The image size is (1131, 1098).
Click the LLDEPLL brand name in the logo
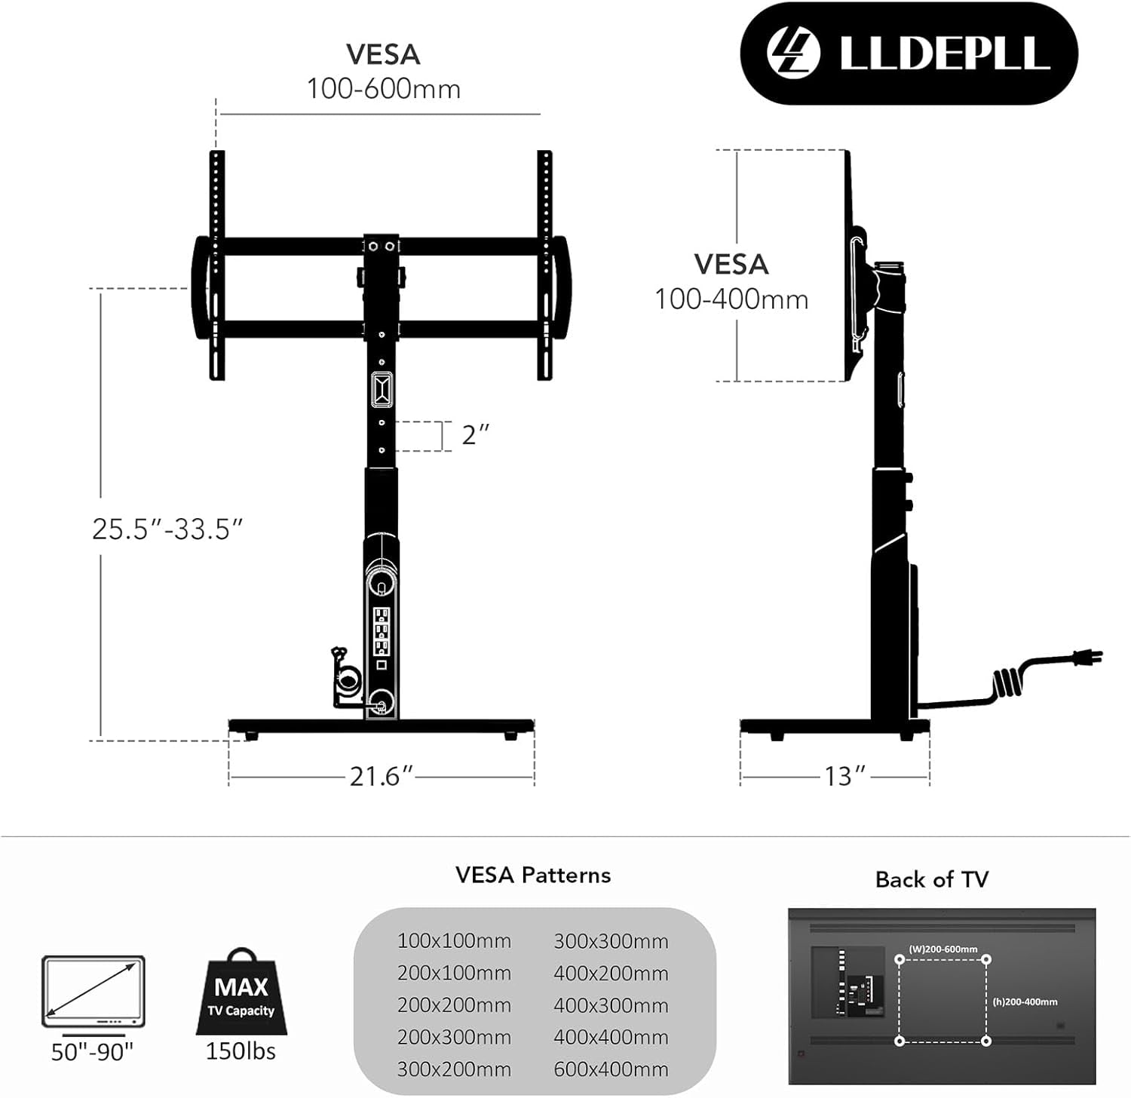[x=944, y=53]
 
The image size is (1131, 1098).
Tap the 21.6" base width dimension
[x=381, y=776]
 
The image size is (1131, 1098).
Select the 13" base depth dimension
[x=844, y=776]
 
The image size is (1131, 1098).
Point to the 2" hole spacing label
[x=475, y=435]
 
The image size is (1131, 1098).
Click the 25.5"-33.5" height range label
[x=167, y=529]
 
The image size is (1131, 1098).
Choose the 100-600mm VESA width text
[x=383, y=89]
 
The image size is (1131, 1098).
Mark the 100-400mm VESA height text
[x=731, y=299]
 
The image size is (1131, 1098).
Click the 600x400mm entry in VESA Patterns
[x=611, y=1069]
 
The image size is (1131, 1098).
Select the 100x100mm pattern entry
[x=454, y=941]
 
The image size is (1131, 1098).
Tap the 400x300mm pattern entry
[x=611, y=1005]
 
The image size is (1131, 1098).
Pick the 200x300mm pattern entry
[x=454, y=1038]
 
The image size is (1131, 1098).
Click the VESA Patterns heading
[x=533, y=876]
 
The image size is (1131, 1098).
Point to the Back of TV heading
[x=931, y=880]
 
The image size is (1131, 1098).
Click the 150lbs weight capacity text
[x=241, y=1051]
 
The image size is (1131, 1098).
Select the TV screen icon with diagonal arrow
[x=93, y=992]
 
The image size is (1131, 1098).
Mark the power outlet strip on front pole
[x=382, y=630]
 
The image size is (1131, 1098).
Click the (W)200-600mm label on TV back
[x=942, y=949]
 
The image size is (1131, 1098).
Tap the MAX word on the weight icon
[x=241, y=987]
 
